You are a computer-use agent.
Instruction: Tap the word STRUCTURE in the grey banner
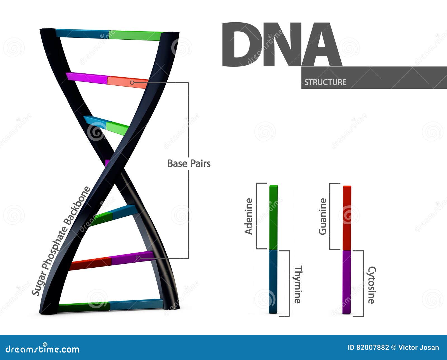[325, 82]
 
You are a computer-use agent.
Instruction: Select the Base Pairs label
[189, 164]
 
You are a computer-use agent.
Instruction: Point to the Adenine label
[248, 216]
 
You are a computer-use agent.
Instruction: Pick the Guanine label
[323, 216]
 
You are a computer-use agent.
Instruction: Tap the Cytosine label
[371, 285]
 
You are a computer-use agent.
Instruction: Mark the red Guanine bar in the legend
[347, 218]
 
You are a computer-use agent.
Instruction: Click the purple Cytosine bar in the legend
[347, 282]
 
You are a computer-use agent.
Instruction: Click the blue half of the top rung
[82, 33]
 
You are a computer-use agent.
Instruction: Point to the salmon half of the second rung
[127, 82]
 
